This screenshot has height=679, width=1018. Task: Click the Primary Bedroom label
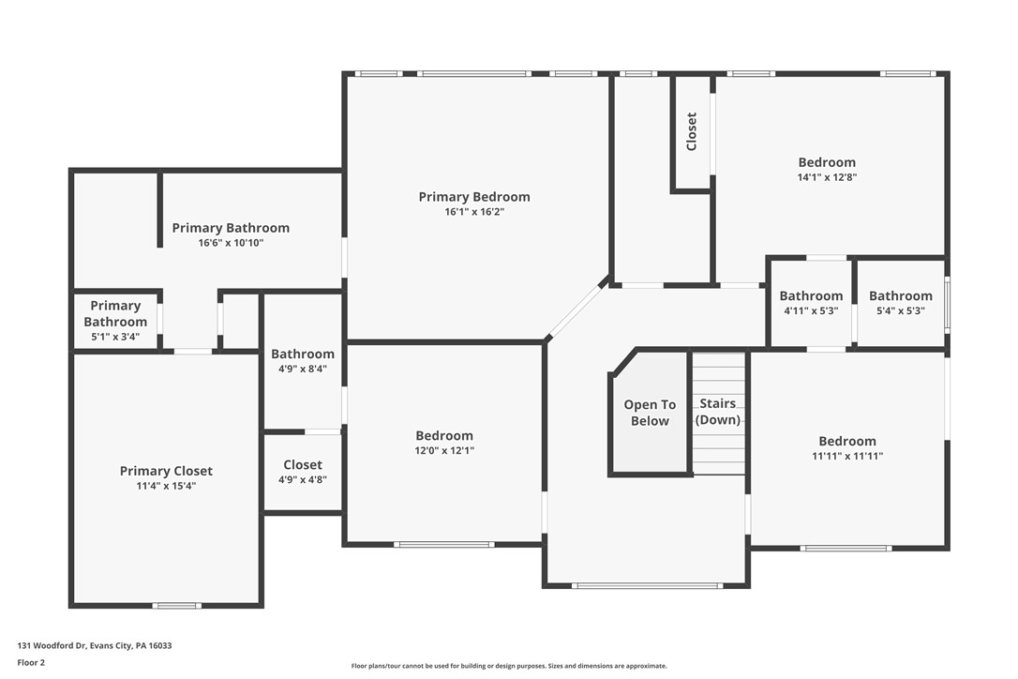474,197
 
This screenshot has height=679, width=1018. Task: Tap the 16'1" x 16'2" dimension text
474,212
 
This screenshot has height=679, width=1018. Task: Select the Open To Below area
650,413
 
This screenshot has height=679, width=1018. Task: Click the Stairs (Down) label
718,412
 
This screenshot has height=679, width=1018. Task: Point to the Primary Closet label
166,471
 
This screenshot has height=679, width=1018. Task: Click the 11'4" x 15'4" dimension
166,486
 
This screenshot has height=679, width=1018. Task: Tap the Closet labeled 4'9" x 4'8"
303,471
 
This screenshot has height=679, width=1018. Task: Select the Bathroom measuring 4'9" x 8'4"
303,361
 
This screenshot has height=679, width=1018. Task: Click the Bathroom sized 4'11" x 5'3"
811,303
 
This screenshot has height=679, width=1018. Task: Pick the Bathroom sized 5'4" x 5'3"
900,303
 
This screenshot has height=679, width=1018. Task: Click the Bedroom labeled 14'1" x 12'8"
827,169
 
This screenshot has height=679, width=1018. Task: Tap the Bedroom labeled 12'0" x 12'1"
444,443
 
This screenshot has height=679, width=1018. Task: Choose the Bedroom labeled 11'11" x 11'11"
847,448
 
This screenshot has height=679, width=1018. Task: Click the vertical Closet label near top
692,131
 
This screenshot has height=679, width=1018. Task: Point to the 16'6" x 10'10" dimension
231,243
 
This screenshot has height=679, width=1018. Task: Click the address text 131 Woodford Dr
95,645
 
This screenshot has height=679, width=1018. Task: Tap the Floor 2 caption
31,662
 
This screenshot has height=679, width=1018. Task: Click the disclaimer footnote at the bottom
509,666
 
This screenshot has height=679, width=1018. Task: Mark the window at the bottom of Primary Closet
177,606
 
